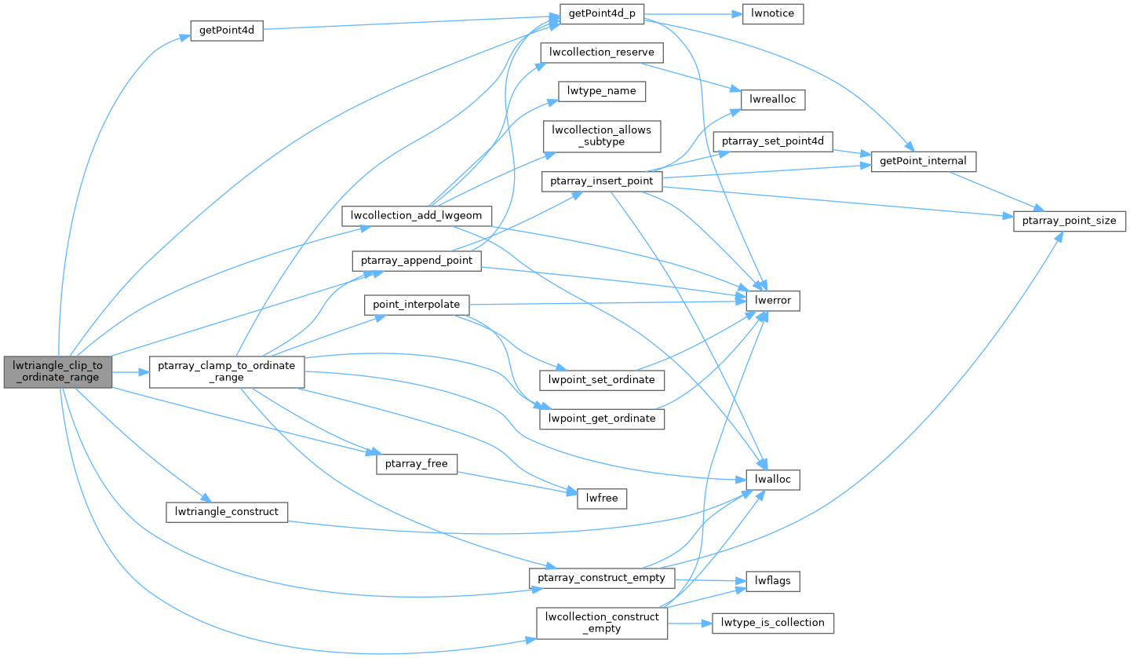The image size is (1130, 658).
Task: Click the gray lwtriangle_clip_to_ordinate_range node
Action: coord(57,371)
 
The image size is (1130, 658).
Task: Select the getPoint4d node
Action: coord(226,31)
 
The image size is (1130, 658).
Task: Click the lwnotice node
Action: coord(772,14)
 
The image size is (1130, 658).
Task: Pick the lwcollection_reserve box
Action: coord(602,53)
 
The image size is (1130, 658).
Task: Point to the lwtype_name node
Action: coord(601,91)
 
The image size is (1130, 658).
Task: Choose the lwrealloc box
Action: coord(774,100)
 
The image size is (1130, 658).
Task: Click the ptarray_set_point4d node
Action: coord(772,141)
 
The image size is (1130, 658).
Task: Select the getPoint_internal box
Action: coord(924,162)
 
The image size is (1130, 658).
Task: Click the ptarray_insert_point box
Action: coord(602,181)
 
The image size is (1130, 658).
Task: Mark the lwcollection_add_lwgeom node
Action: coord(417,216)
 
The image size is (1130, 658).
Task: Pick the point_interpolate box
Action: coord(416,305)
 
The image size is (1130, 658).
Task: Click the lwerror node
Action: coord(773,301)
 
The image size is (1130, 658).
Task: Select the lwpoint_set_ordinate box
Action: coord(602,380)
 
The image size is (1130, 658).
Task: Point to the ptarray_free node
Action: coord(416,463)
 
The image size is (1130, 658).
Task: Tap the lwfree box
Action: coord(602,498)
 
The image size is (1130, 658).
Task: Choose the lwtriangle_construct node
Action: coord(227,512)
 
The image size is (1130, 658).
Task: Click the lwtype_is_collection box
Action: coord(772,623)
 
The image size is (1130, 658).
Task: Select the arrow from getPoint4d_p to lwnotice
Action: coord(699,14)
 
